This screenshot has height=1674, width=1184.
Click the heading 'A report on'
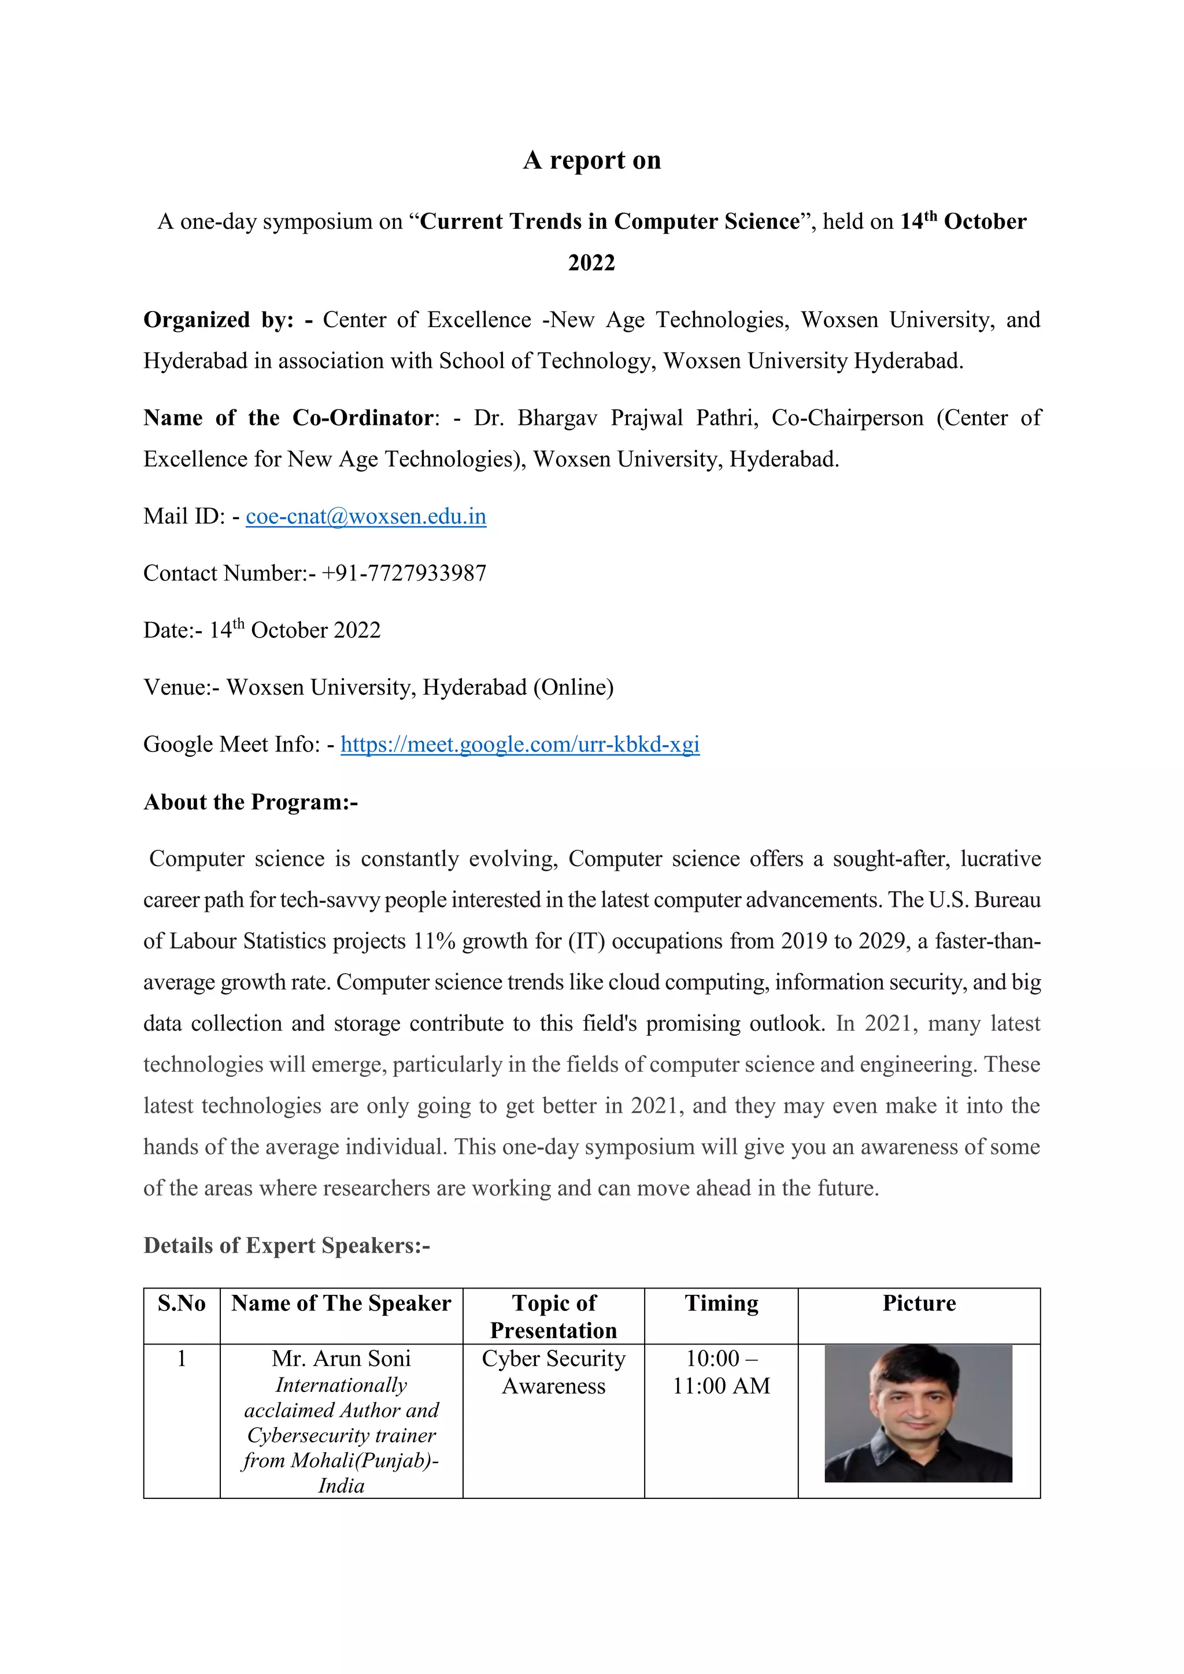[591, 160]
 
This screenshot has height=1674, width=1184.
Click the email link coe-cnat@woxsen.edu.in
[365, 516]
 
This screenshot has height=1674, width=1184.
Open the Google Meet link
[520, 745]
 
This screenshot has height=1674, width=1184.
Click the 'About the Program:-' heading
[250, 802]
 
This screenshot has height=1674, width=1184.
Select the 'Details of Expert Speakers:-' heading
[287, 1245]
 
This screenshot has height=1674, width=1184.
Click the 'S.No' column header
[182, 1303]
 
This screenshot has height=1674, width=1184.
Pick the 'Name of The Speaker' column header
[341, 1303]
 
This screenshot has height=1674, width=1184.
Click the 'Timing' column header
[721, 1303]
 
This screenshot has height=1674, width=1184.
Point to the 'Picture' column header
[919, 1303]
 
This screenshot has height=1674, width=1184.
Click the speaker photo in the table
[918, 1413]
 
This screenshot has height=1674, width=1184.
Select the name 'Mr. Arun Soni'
[341, 1358]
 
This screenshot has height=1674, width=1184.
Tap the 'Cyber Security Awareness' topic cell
[553, 1372]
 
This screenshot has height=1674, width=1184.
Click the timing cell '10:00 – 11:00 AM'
[721, 1372]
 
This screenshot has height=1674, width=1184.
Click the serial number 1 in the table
[182, 1358]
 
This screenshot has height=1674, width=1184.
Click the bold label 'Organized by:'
[218, 319]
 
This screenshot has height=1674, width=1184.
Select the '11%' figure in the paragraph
[434, 941]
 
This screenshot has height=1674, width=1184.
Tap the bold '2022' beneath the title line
[591, 262]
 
